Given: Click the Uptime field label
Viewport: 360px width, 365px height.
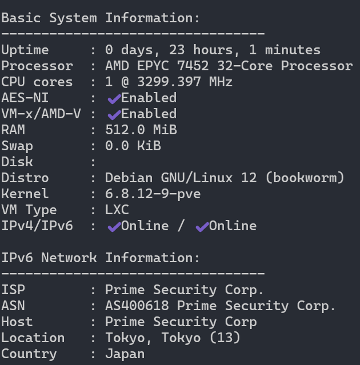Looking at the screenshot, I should tap(25, 50).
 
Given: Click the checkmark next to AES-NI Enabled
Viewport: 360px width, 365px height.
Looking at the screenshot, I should tap(114, 99).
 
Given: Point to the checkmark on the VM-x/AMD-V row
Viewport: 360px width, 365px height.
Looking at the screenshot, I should tap(114, 115).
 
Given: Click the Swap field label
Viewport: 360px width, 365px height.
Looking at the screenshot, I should tap(17, 146).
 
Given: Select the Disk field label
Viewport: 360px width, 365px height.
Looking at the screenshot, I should tap(17, 162).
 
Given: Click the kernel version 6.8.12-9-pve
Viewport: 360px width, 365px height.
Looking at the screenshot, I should tap(153, 194).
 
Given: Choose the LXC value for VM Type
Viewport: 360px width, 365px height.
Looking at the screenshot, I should tap(117, 210).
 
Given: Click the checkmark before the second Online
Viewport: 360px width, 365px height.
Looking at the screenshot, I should tap(202, 227).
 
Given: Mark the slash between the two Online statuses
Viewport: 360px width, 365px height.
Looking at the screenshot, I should tap(181, 226).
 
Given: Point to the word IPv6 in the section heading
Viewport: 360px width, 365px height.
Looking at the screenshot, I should tap(17, 258).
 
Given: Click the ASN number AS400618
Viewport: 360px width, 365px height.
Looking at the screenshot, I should tap(137, 306).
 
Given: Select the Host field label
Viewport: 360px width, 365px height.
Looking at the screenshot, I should tap(17, 322).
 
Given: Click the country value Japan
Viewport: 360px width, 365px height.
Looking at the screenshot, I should tap(125, 354).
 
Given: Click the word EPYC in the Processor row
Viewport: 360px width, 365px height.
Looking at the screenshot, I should tap(169, 66).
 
